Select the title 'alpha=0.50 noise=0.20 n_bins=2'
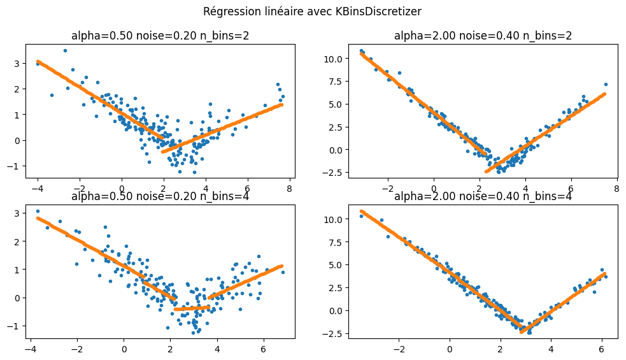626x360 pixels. coord(159,36)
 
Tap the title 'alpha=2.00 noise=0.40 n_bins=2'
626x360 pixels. coord(483,36)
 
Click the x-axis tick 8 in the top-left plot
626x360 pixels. coord(289,189)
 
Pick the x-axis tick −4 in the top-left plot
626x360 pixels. coord(38,189)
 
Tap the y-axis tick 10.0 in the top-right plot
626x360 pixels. coord(334,59)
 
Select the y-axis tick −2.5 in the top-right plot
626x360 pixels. coord(334,173)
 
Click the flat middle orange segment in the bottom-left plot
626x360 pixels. coord(192,308)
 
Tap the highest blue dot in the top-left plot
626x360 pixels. coord(65,50)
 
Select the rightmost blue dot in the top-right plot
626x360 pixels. coord(606,84)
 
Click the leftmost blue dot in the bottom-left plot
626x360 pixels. coord(38,211)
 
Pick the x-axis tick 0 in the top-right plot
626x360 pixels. coord(433,189)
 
